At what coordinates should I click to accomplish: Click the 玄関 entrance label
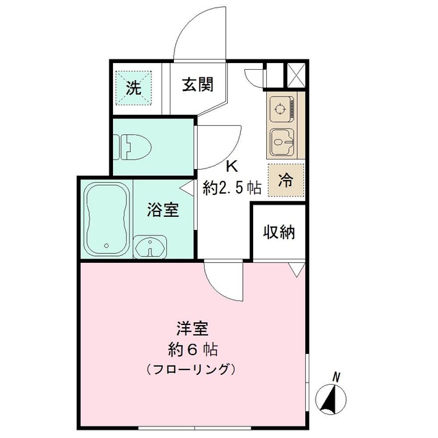198,86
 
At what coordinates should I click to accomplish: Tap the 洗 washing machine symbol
135,88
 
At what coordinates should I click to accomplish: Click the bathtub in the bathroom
107,218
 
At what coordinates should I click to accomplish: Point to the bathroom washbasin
149,246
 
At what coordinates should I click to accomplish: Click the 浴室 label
163,211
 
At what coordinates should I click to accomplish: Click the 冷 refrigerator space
285,181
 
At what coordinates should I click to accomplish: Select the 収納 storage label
279,232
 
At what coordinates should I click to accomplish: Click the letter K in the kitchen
232,166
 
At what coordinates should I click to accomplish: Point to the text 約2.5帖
232,187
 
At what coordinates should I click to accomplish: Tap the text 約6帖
193,350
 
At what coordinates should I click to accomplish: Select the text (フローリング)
193,370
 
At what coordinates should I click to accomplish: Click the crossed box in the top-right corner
296,74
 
